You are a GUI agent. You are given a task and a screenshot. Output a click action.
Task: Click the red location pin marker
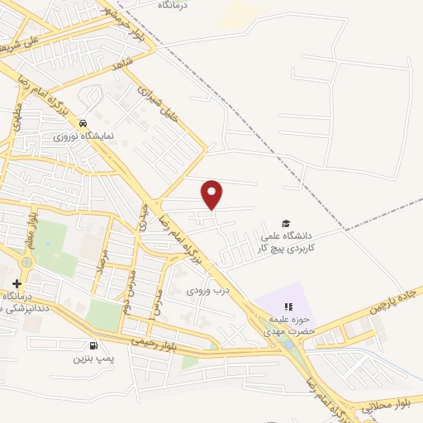213,195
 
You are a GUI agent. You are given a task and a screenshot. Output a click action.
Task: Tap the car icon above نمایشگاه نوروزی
83,124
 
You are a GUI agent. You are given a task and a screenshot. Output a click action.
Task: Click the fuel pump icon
92,345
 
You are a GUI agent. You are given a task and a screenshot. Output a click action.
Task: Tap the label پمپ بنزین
92,358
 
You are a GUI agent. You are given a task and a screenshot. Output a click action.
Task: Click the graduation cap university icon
286,223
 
